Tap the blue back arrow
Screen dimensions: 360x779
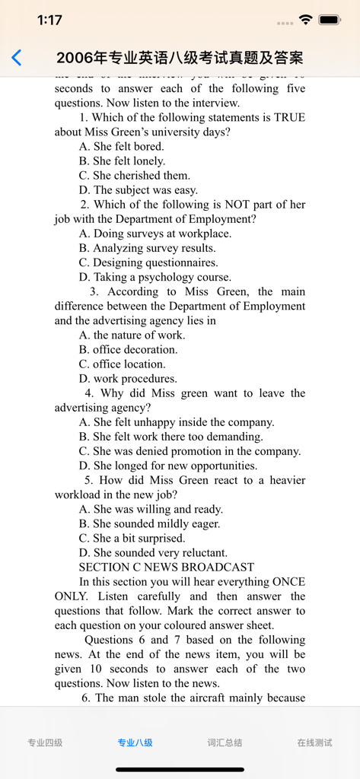click(x=17, y=58)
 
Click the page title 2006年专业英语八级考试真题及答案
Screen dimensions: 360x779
click(x=180, y=58)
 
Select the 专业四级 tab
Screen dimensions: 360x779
click(x=45, y=742)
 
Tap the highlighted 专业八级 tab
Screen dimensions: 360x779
click(x=135, y=742)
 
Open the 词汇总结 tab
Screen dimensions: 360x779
click(x=225, y=742)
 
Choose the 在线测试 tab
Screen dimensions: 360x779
click(x=314, y=742)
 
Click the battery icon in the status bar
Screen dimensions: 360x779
click(x=330, y=20)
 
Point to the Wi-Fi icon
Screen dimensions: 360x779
click(x=305, y=20)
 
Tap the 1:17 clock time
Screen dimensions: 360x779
click(x=49, y=21)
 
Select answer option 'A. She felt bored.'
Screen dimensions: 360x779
click(x=121, y=147)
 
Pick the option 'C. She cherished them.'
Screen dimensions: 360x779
click(x=134, y=176)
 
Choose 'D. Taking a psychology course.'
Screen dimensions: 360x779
click(x=155, y=278)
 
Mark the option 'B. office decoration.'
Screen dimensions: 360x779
click(x=128, y=350)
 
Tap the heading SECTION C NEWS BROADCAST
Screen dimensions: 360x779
click(x=166, y=568)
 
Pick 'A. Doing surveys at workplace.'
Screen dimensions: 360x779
click(x=155, y=234)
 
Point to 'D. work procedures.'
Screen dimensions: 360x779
click(x=128, y=379)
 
